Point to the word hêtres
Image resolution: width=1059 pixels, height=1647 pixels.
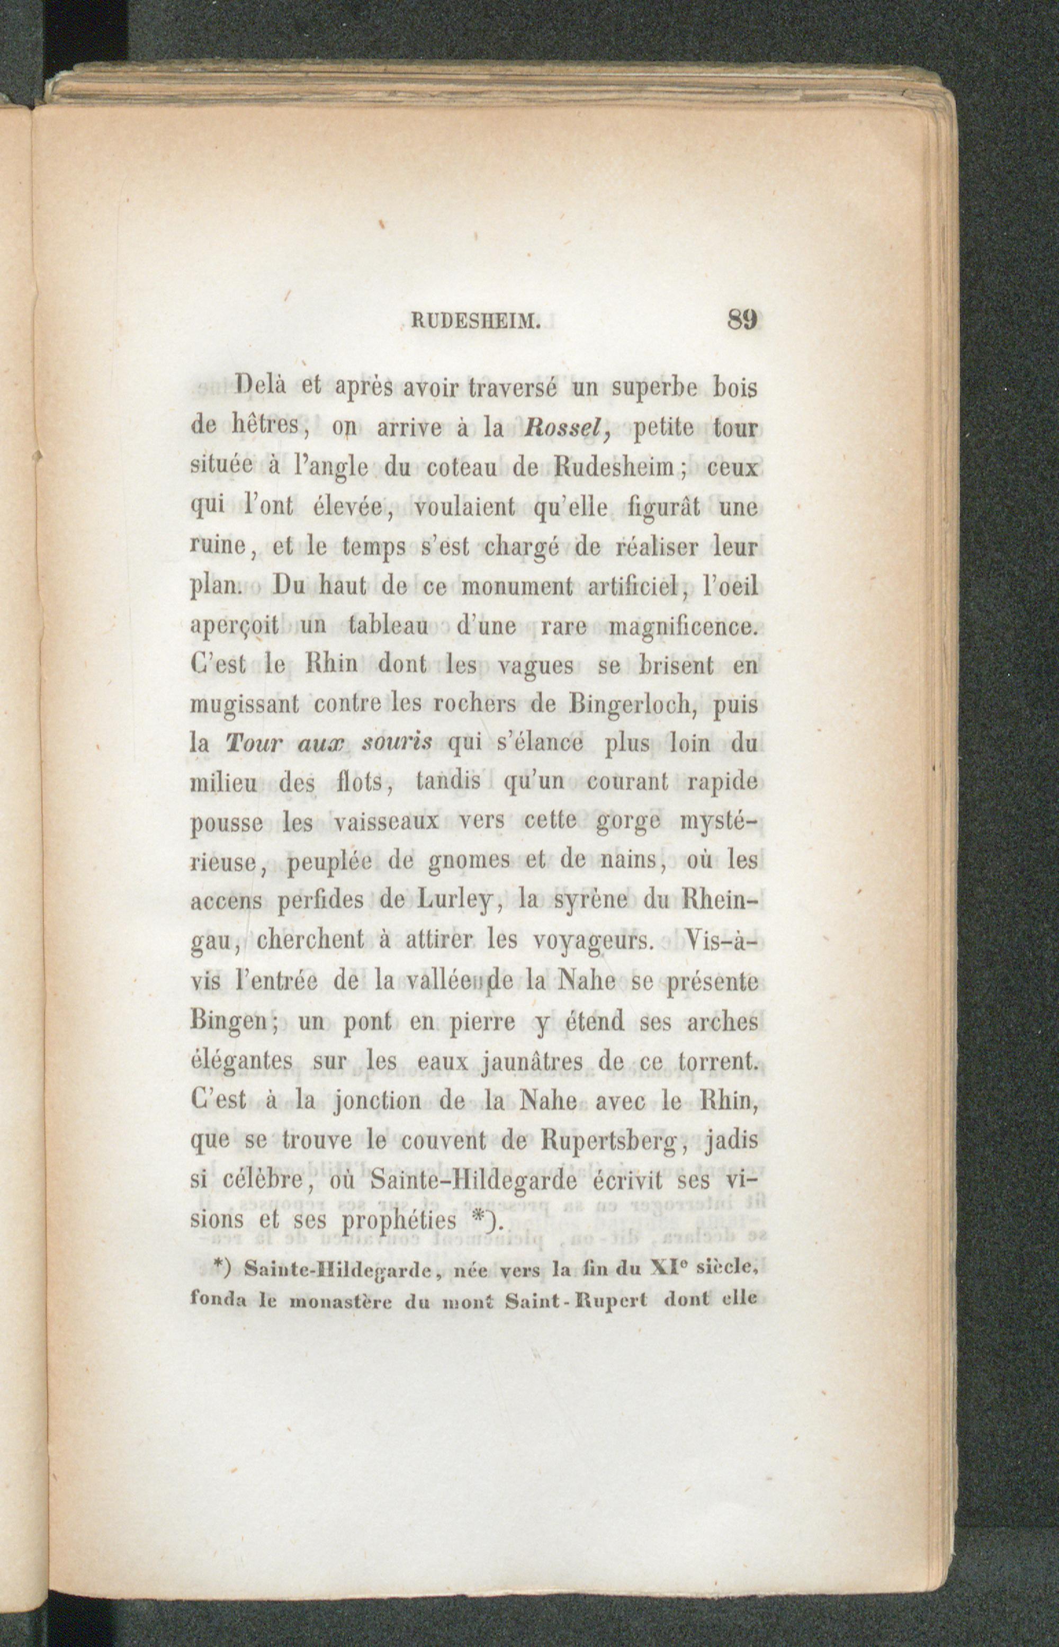click(x=265, y=429)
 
